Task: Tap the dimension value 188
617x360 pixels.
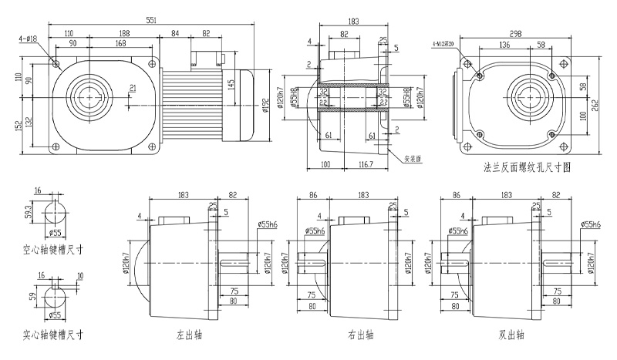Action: pos(123,34)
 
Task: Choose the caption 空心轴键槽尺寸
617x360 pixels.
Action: pos(52,250)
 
